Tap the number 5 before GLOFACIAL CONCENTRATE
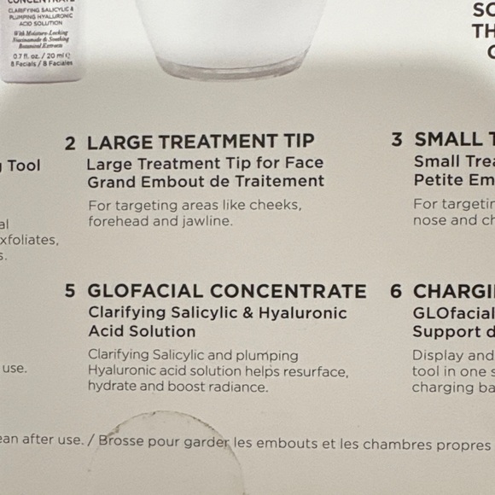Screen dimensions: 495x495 (x=70, y=291)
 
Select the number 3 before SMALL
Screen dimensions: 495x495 (x=397, y=140)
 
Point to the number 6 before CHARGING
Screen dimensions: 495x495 (x=396, y=291)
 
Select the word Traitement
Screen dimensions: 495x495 (x=281, y=181)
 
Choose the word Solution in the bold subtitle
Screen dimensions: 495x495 (x=162, y=331)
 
